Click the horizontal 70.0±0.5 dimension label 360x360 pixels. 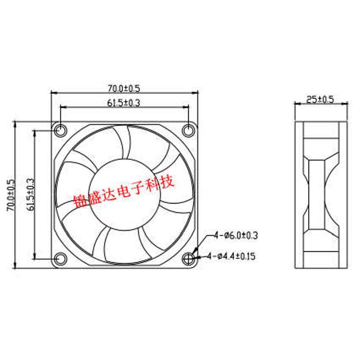click(124, 88)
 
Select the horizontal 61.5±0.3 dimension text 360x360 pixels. click(124, 103)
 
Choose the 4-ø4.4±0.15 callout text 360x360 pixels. click(231, 256)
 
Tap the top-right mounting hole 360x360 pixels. click(189, 130)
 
